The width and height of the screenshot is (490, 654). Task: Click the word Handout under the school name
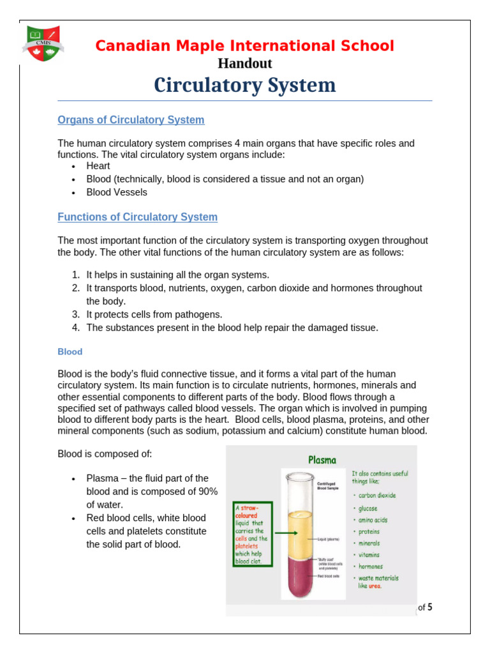245,63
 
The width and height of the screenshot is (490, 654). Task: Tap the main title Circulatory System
245,85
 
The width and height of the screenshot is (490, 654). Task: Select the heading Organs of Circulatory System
131,120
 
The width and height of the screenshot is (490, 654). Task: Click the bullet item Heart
98,166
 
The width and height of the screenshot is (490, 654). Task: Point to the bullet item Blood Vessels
117,192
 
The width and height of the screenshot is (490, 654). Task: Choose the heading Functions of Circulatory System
137,217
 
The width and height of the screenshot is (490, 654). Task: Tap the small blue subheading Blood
70,352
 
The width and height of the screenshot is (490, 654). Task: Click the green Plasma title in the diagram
322,459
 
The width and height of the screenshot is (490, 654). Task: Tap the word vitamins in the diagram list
369,555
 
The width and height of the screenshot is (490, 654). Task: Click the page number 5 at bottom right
430,607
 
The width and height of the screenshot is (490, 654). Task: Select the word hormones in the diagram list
370,567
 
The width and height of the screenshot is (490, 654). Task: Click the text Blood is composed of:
105,454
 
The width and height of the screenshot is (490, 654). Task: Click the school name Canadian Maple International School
245,46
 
